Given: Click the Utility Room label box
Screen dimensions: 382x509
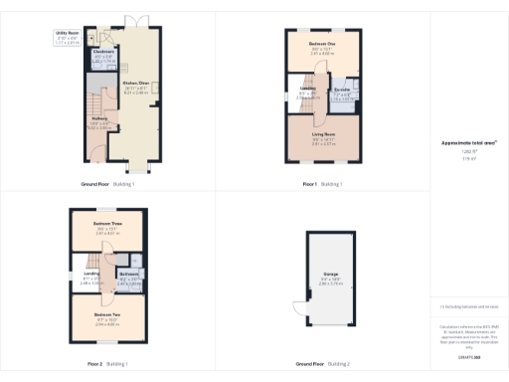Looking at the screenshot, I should click(x=67, y=38).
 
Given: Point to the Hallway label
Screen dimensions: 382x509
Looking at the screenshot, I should click(x=99, y=120).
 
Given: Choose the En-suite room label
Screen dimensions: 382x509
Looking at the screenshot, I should click(x=341, y=95).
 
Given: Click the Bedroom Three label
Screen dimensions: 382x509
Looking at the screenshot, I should click(x=106, y=226).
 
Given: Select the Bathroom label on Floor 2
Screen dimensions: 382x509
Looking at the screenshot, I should click(x=129, y=273).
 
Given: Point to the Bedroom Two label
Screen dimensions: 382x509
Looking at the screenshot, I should click(x=106, y=316).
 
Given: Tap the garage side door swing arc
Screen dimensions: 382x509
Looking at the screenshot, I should click(x=298, y=310).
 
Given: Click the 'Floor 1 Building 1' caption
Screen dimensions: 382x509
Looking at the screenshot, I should click(x=322, y=184).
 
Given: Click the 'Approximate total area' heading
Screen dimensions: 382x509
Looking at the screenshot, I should click(x=467, y=142).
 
